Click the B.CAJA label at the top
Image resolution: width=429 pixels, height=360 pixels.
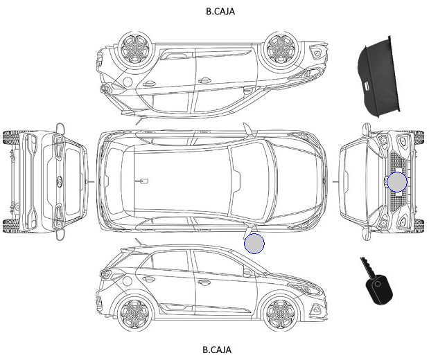[220, 11]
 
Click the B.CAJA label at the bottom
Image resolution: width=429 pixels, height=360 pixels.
[217, 350]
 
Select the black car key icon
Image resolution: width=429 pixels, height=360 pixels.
[377, 282]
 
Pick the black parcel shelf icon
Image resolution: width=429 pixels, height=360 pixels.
[378, 77]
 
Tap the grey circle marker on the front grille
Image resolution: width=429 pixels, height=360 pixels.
[397, 182]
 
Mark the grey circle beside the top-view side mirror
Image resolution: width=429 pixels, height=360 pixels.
[254, 244]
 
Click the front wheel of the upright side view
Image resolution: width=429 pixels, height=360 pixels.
[280, 312]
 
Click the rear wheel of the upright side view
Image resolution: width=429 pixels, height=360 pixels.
[135, 312]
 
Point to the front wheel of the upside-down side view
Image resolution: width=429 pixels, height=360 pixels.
[280, 48]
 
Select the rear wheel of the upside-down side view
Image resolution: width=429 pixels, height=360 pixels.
[135, 48]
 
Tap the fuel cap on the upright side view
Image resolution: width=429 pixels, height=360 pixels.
[128, 280]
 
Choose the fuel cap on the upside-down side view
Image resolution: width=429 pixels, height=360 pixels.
[128, 82]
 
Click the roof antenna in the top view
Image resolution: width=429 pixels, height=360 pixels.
[141, 181]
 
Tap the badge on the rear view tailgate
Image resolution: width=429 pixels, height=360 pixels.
[59, 182]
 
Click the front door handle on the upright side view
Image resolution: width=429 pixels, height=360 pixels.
[204, 282]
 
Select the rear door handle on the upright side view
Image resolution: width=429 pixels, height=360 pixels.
[148, 279]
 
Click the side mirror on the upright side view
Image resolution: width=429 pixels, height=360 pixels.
[247, 272]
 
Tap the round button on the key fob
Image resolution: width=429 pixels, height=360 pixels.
[378, 284]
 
